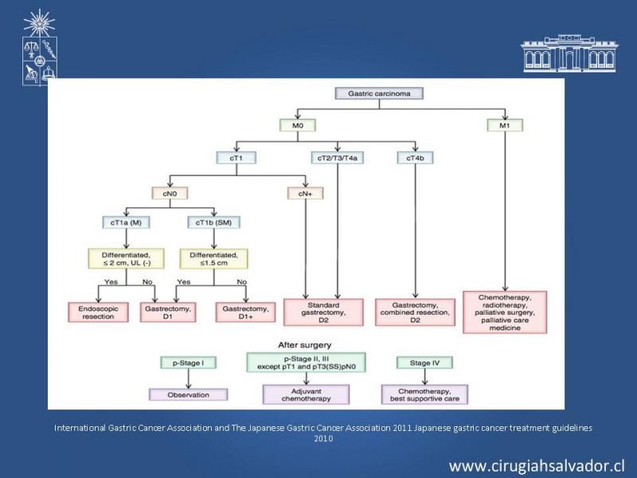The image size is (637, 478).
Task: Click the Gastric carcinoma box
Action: [x=379, y=93]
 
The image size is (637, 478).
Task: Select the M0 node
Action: [x=297, y=125]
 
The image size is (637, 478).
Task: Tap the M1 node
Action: [x=505, y=125]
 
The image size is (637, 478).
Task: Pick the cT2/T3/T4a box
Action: [x=337, y=158]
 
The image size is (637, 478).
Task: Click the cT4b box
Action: [x=415, y=158]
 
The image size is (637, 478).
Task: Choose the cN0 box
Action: [x=170, y=193]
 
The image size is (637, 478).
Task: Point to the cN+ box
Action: [x=305, y=193]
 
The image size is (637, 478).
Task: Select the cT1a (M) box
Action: [x=126, y=222]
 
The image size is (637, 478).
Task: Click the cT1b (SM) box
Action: [x=213, y=222]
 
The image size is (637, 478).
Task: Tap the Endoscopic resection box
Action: [x=98, y=312]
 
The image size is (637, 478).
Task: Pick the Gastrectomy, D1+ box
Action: [x=245, y=312]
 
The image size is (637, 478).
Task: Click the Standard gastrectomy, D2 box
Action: [x=323, y=312]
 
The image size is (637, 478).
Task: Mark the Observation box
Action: [x=188, y=394]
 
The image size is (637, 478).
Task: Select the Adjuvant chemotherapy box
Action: [x=306, y=394]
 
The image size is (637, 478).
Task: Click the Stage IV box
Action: [x=424, y=362]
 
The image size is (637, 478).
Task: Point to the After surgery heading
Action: [x=305, y=345]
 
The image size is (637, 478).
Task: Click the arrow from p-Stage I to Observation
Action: [x=189, y=378]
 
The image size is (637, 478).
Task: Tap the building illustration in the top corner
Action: [x=569, y=53]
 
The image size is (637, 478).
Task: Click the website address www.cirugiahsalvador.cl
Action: [x=537, y=465]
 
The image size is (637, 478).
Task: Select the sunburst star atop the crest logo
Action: [x=39, y=23]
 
